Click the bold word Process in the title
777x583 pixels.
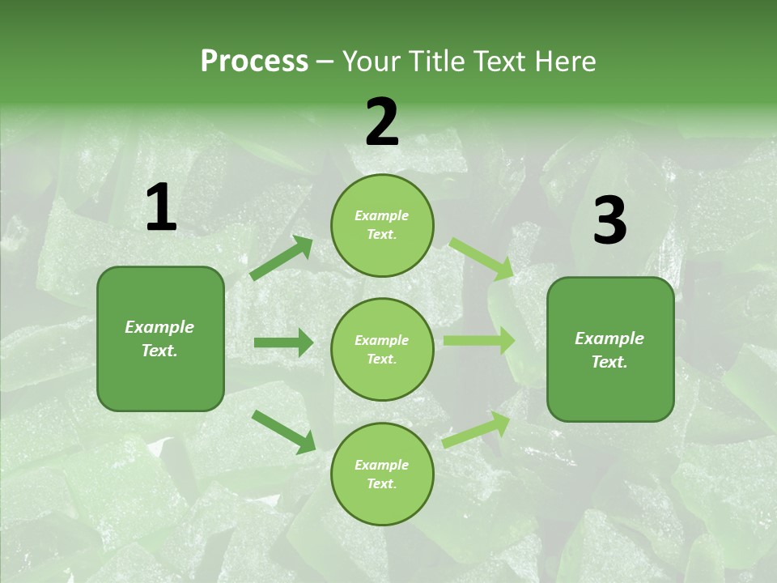(254, 62)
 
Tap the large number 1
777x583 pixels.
(161, 208)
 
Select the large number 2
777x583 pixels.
(382, 121)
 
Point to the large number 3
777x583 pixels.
(609, 220)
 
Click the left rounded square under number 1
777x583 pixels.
(160, 338)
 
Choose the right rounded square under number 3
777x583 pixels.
(610, 349)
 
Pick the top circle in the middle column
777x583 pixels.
(382, 225)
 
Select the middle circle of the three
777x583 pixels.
(382, 349)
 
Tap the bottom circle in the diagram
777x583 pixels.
(382, 474)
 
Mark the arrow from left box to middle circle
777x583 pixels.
(283, 343)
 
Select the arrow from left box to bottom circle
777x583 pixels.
(283, 432)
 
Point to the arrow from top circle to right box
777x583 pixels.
(482, 258)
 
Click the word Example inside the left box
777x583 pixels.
(159, 327)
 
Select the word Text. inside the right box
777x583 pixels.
(609, 362)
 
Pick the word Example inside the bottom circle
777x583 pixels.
(382, 465)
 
